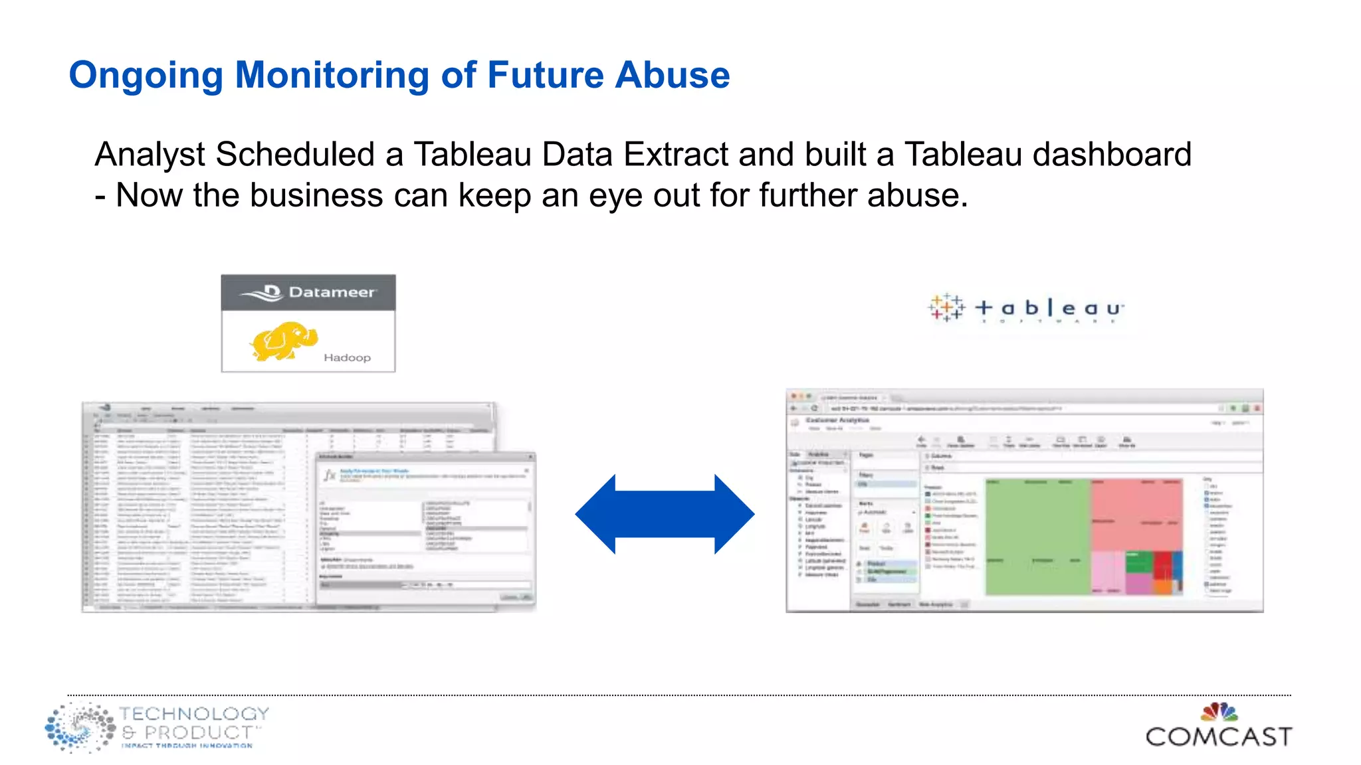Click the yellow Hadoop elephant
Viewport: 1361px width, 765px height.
click(282, 341)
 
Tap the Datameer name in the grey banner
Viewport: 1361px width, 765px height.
click(331, 292)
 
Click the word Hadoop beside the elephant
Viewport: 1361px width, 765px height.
click(347, 358)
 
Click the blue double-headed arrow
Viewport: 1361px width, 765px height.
click(665, 514)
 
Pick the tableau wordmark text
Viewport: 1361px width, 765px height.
click(1049, 308)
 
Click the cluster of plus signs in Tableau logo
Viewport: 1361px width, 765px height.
click(946, 307)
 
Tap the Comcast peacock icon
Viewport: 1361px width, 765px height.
click(1219, 712)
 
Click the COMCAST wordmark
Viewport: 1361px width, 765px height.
click(1219, 736)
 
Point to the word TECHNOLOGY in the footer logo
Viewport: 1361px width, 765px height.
click(194, 714)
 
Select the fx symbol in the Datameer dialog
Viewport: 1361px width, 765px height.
click(330, 475)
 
